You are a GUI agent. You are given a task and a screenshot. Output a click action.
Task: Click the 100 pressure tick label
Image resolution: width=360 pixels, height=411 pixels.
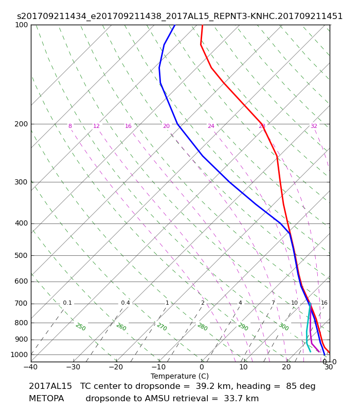pyautogui.click(x=22, y=25)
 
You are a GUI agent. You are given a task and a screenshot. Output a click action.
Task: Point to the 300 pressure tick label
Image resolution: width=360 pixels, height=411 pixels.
pyautogui.click(x=21, y=182)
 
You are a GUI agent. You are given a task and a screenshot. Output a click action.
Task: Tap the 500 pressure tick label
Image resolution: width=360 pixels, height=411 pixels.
pyautogui.click(x=21, y=255)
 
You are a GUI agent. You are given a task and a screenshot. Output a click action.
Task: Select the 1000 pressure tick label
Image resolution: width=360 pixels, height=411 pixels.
pyautogui.click(x=19, y=354)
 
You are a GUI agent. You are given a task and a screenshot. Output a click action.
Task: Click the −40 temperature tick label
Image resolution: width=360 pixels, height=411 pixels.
pyautogui.click(x=31, y=367)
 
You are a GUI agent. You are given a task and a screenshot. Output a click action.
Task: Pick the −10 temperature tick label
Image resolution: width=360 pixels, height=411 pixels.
pyautogui.click(x=159, y=367)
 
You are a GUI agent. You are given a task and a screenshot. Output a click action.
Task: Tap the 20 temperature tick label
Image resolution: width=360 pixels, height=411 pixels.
pyautogui.click(x=286, y=367)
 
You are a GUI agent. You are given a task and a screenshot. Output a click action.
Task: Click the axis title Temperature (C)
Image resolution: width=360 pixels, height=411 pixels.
pyautogui.click(x=179, y=376)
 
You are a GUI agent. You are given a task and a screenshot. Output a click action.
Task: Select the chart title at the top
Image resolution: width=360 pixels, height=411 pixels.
pyautogui.click(x=179, y=16)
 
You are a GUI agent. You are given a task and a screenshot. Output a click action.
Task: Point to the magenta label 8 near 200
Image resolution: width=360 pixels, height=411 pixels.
pyautogui.click(x=70, y=126)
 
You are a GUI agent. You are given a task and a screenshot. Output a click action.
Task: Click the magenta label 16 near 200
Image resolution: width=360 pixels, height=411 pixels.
pyautogui.click(x=128, y=126)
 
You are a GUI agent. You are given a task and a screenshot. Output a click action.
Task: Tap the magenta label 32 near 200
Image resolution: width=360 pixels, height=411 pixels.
pyautogui.click(x=314, y=126)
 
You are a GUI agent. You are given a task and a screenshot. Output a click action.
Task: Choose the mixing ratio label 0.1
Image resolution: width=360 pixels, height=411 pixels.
pyautogui.click(x=67, y=303)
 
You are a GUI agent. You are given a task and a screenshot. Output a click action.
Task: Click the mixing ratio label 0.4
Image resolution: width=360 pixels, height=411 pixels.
pyautogui.click(x=125, y=303)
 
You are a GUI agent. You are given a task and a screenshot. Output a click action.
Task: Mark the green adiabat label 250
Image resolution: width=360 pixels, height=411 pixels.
pyautogui.click(x=81, y=327)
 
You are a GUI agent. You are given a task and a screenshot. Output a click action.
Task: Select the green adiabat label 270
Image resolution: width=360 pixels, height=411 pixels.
pyautogui.click(x=162, y=327)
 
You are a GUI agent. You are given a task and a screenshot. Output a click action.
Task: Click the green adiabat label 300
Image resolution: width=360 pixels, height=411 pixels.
pyautogui.click(x=284, y=327)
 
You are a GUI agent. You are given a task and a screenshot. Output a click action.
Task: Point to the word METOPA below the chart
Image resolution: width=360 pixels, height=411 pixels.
pyautogui.click(x=46, y=399)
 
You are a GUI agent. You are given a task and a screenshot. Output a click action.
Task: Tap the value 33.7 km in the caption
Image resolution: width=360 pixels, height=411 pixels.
pyautogui.click(x=241, y=399)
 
